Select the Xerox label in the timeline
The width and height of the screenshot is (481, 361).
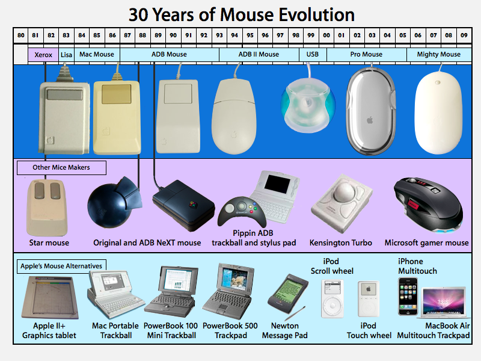tap(43, 55)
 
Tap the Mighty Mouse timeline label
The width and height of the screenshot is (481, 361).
tap(438, 55)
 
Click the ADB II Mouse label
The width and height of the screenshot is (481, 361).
tap(259, 55)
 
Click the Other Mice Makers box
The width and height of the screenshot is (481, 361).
tap(61, 167)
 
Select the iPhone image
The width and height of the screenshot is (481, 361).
tap(407, 296)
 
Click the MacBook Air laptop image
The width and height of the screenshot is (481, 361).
tap(445, 301)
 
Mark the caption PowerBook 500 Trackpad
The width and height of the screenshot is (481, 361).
tap(230, 330)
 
